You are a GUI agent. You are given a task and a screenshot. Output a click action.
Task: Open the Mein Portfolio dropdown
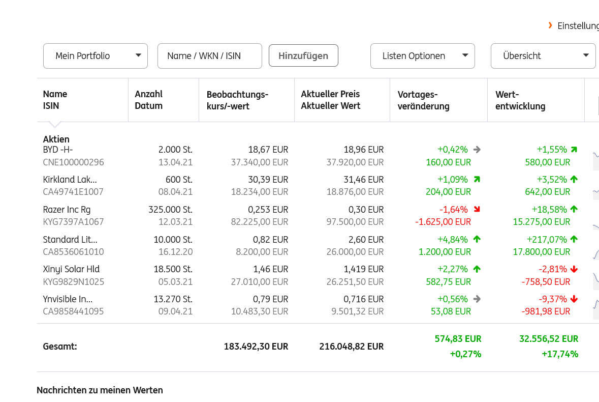96,56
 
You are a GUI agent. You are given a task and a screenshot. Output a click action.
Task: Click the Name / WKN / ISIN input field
209,56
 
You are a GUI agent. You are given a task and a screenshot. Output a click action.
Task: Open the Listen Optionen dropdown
422,56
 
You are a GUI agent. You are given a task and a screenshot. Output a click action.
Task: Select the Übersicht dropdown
543,56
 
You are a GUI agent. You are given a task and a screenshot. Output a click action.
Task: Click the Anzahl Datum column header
149,100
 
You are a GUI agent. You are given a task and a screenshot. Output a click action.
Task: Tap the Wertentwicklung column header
520,100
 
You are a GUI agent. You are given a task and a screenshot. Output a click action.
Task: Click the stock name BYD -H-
58,150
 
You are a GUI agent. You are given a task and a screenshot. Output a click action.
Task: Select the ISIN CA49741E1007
73,192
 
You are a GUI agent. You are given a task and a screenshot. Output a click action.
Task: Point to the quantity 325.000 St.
170,210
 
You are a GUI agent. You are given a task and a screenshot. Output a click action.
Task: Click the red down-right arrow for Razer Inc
477,209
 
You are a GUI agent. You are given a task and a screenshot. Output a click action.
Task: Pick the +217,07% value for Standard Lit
547,239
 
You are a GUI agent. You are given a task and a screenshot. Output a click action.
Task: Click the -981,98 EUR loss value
546,311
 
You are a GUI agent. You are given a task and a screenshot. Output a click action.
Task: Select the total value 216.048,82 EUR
351,347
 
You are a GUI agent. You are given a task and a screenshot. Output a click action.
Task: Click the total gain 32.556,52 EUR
549,339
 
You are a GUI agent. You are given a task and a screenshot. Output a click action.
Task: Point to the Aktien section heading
56,139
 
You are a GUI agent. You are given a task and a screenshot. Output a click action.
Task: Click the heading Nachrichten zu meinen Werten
100,390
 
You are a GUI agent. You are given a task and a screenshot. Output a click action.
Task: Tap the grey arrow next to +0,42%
477,150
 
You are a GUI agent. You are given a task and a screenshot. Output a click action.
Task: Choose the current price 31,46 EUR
363,180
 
